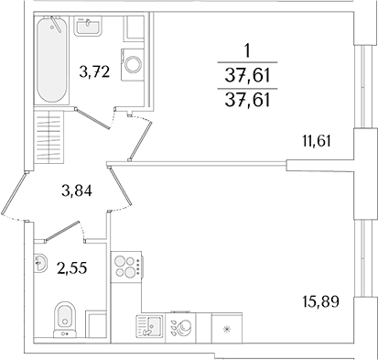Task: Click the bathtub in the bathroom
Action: (51, 60)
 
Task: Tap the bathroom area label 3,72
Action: (94, 72)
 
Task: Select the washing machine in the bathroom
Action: (133, 64)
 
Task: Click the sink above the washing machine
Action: (88, 26)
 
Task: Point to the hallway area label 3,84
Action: (76, 191)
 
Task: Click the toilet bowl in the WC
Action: (64, 320)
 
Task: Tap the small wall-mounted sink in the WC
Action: (40, 262)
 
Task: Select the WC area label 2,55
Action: (72, 268)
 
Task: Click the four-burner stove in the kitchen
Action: (126, 267)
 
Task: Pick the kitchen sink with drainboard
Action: (150, 326)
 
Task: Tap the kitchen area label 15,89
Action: (321, 302)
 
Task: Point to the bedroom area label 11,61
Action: (316, 142)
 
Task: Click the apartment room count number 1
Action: (247, 51)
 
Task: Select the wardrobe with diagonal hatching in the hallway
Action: (49, 136)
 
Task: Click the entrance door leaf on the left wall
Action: (13, 193)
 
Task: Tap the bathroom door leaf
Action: (92, 118)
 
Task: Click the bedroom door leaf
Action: (140, 141)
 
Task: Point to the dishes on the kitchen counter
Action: (181, 328)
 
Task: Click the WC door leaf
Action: (62, 231)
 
